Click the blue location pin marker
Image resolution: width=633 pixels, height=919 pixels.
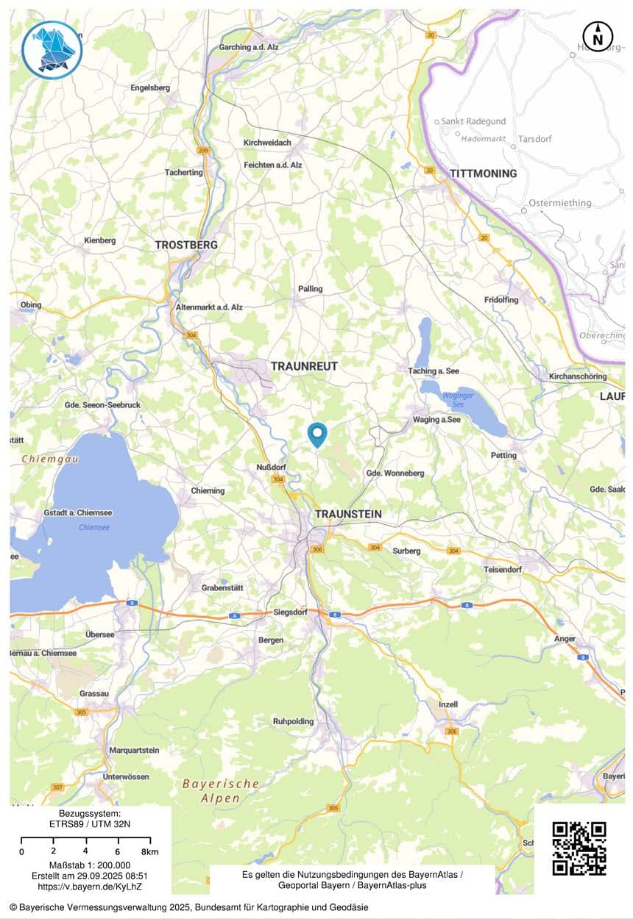(317, 434)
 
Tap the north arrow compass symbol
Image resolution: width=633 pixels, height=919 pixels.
(598, 35)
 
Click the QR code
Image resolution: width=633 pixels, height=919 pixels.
(579, 848)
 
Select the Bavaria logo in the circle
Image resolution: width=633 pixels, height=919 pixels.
(52, 49)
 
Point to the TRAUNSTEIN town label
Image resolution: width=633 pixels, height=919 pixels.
(349, 514)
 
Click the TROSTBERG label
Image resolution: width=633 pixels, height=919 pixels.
(186, 245)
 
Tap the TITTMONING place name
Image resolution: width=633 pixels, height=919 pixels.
(483, 174)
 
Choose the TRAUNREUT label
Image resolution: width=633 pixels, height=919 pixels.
(304, 365)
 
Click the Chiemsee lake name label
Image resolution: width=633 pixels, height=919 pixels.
(94, 527)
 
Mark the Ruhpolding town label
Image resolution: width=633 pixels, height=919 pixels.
(293, 721)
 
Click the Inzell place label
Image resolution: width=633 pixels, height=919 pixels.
(448, 704)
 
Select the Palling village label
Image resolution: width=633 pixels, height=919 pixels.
(310, 289)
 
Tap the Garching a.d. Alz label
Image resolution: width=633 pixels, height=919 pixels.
(250, 48)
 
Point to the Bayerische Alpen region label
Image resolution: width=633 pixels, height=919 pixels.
(221, 791)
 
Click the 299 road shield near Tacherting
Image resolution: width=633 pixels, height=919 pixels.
(202, 150)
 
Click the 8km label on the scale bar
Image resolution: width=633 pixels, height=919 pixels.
(149, 851)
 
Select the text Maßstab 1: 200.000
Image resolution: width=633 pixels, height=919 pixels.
(90, 865)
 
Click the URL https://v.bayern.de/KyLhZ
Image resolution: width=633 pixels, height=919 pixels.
(91, 887)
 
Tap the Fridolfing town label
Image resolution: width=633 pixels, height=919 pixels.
(501, 300)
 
